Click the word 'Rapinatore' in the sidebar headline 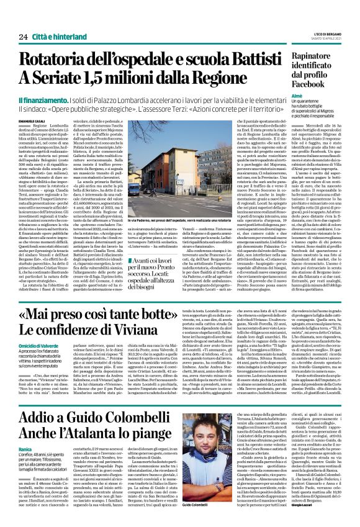tap(315, 54)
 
